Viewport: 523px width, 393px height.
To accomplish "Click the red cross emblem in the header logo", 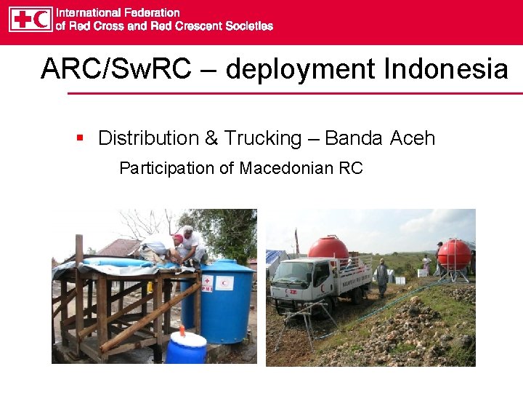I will point(22,19).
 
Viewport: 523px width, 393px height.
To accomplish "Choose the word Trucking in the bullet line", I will point(263,138).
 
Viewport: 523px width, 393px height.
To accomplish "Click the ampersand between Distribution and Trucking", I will point(211,138).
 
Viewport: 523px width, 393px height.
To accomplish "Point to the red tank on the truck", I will point(328,248).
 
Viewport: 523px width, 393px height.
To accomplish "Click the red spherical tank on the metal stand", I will point(453,253).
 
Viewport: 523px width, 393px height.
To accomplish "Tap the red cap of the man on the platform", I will point(177,238).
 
